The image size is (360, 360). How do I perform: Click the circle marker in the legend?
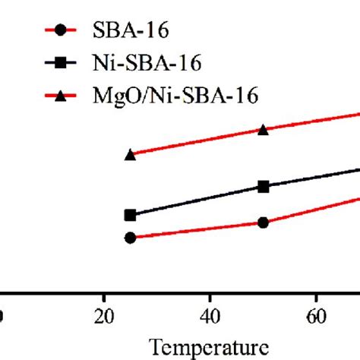[x=62, y=32]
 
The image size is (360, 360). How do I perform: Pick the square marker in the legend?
[x=62, y=64]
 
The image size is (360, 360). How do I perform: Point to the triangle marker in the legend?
[x=62, y=95]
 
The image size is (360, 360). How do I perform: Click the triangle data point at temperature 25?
[x=130, y=154]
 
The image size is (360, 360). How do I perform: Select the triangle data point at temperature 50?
[x=263, y=130]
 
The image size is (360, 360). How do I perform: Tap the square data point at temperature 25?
[x=130, y=216]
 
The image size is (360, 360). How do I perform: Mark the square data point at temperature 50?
[x=263, y=186]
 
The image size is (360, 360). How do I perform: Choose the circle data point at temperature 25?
[x=130, y=238]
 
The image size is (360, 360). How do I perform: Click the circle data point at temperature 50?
[x=263, y=223]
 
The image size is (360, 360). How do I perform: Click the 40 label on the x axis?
[x=210, y=314]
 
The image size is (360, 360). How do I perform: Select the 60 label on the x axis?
[x=315, y=314]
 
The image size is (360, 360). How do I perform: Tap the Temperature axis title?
[x=209, y=347]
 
